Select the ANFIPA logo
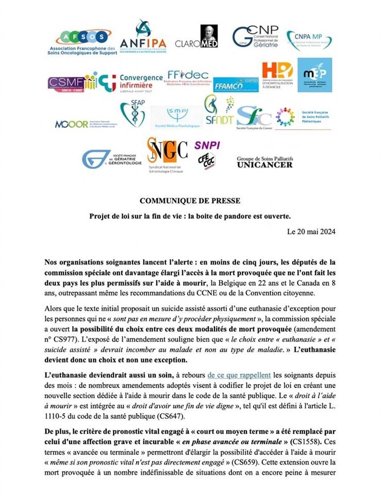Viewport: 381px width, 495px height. click(143, 38)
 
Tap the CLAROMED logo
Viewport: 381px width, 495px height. click(196, 38)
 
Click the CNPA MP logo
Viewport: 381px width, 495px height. click(309, 40)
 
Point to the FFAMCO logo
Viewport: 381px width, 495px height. click(228, 85)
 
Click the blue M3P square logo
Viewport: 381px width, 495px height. click(314, 75)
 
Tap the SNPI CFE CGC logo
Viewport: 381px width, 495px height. click(207, 154)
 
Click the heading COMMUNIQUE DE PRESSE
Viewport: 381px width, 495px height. click(190, 200)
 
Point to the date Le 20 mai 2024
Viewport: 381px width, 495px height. click(311, 232)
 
